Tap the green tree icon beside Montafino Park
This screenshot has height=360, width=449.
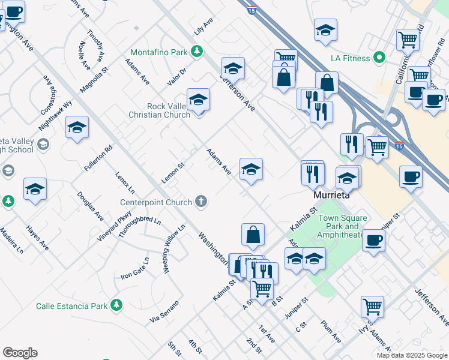click(196, 52)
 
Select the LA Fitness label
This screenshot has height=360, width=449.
click(351, 59)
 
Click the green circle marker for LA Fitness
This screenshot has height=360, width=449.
click(379, 58)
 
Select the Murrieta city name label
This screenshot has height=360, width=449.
click(331, 196)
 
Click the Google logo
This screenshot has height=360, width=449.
click(20, 353)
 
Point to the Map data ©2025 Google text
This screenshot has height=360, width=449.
click(411, 355)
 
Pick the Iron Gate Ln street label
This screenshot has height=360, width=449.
click(134, 268)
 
